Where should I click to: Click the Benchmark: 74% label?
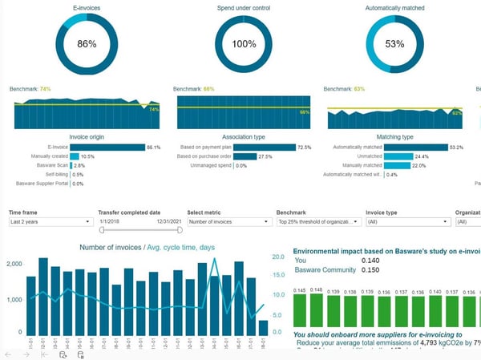click(30, 88)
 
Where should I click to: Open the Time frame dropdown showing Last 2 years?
click(50, 221)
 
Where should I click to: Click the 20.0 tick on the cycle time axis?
click(277, 257)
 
